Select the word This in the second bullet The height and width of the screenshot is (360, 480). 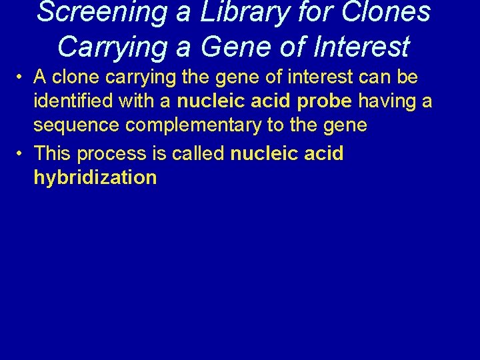(53, 153)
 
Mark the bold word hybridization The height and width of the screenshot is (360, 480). (95, 179)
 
